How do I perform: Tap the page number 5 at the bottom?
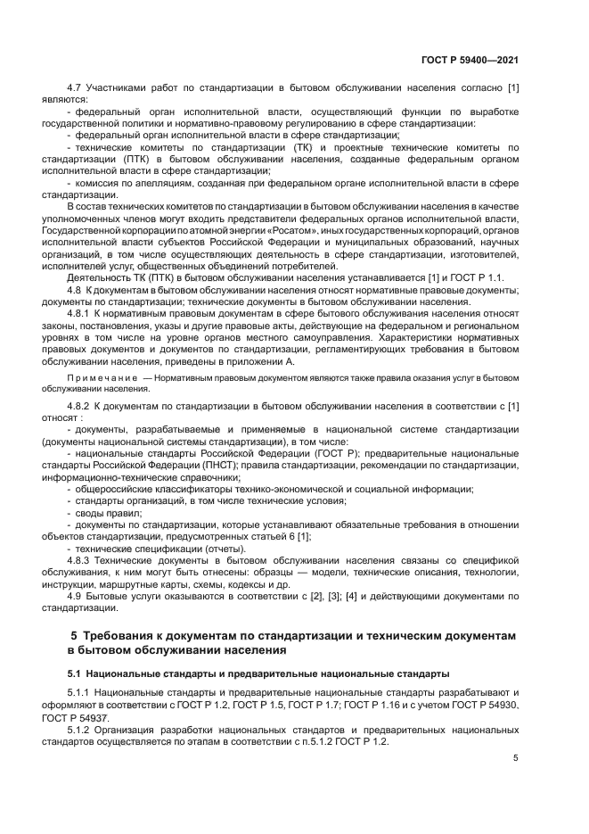515,758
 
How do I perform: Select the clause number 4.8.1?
82,315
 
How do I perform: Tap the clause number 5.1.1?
82,692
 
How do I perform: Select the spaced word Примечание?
99,379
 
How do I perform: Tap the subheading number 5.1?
75,672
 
